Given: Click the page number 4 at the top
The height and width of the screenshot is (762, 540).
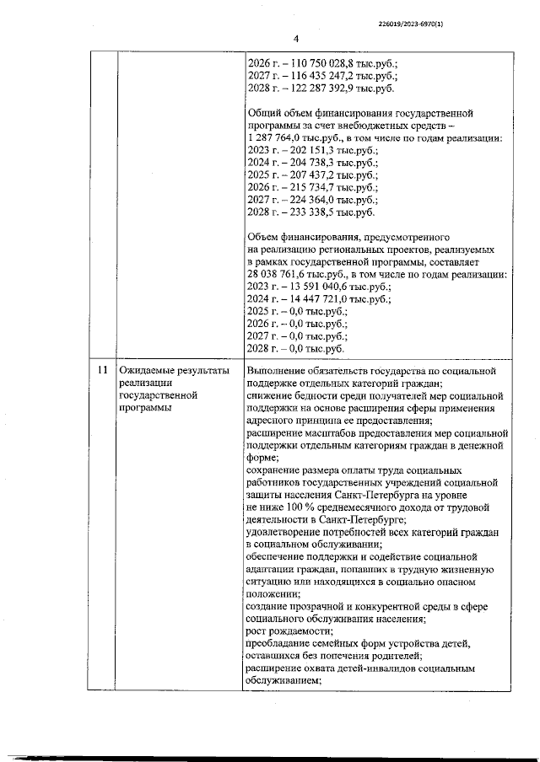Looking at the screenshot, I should (296, 38).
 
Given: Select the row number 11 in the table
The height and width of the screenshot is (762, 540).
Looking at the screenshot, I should (102, 372).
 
